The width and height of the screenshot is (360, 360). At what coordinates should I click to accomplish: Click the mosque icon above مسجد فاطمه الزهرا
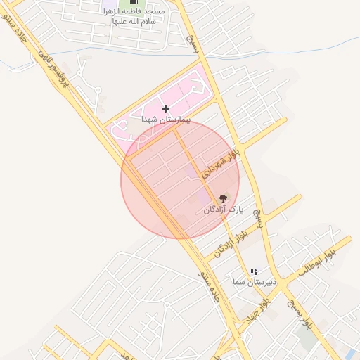tap(134, 2)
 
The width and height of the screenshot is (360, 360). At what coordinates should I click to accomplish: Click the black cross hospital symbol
tap(165, 108)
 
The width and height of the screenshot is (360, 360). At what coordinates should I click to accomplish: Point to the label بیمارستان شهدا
tap(165, 120)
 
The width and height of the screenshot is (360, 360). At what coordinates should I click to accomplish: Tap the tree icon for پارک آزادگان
tap(224, 198)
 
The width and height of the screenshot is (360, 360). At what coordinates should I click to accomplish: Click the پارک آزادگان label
tap(223, 210)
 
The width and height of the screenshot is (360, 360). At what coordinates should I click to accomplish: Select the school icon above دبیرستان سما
tap(255, 271)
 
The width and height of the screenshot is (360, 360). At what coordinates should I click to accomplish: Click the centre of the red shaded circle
tap(180, 179)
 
